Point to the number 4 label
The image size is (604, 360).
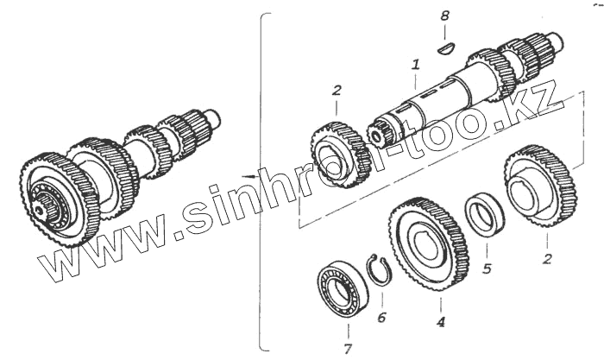(x=440, y=322)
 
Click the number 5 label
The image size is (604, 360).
(x=488, y=268)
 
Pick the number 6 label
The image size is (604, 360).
(x=381, y=317)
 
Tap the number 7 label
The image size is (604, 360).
(x=348, y=349)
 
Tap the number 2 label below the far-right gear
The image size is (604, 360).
(x=546, y=256)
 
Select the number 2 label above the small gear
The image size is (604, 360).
(x=337, y=89)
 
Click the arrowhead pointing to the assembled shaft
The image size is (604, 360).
(x=249, y=175)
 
